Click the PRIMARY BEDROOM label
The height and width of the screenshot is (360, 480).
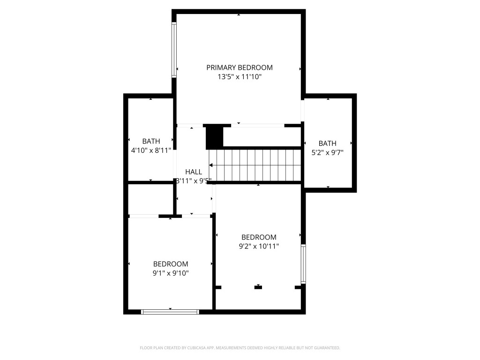(x=239, y=67)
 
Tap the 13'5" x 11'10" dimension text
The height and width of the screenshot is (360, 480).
(x=239, y=76)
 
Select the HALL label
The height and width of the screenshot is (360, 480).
(x=194, y=172)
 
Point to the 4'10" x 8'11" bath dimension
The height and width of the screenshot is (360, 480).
(x=151, y=150)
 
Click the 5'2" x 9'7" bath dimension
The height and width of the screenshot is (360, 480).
(x=327, y=152)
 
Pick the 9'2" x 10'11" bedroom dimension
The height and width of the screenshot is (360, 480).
(x=259, y=246)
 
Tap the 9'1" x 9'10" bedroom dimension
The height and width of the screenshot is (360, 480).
(x=171, y=273)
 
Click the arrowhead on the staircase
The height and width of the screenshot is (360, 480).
(x=211, y=165)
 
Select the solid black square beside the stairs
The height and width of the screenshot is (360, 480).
(x=213, y=136)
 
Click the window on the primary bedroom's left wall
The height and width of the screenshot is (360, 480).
(x=174, y=50)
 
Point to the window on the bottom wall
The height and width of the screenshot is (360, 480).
(x=170, y=311)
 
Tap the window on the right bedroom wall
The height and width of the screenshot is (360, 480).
(x=303, y=264)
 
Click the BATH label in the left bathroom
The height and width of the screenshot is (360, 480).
(x=151, y=141)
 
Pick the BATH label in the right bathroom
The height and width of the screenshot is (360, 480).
(x=327, y=143)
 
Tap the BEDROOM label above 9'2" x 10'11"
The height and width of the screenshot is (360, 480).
(x=259, y=237)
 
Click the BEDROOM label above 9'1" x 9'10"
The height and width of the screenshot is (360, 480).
(x=171, y=264)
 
